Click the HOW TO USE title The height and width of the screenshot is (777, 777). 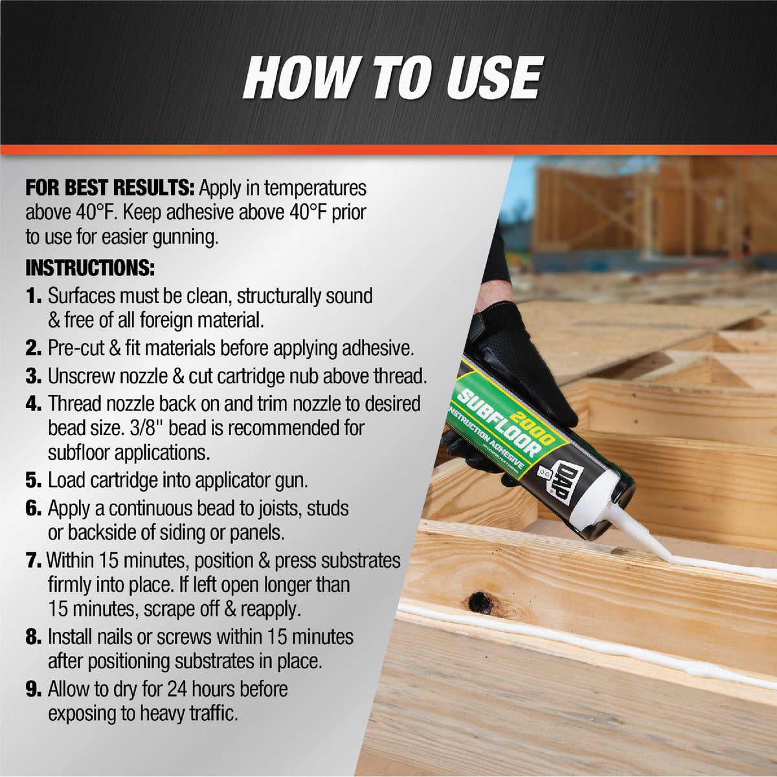pos(392,78)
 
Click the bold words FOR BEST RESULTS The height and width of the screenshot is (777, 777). pos(109,188)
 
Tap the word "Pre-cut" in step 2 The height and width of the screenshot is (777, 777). pos(75,348)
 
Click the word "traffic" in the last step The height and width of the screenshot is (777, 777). pos(212,714)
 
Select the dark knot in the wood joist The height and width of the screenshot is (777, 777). pos(480,602)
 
